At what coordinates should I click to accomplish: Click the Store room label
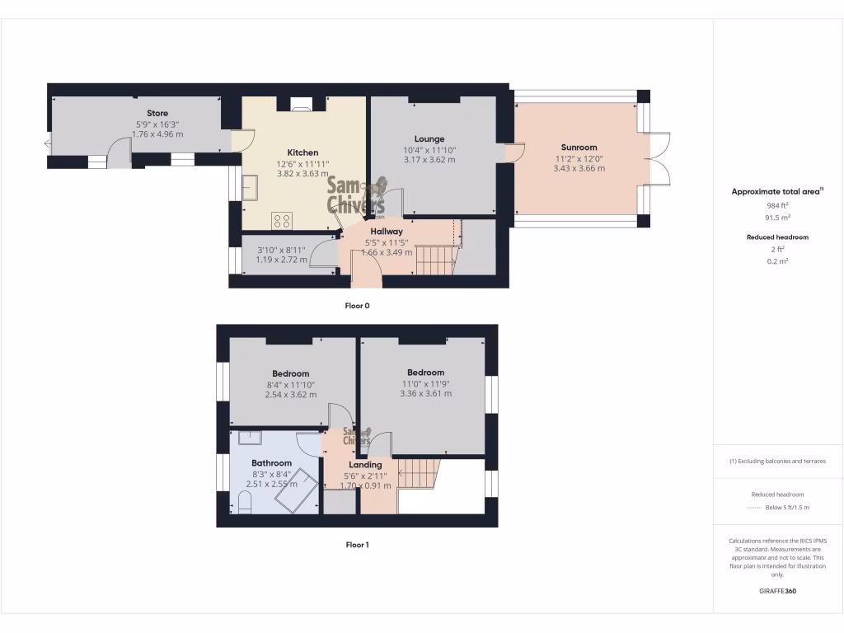157,113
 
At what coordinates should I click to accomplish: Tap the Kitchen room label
302,152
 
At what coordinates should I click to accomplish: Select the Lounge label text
429,138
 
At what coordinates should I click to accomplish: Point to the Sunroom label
575,148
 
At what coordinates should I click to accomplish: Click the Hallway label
387,232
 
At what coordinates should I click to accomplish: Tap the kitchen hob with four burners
282,220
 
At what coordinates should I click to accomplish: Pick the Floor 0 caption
357,305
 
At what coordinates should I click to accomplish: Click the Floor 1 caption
357,544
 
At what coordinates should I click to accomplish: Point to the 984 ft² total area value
777,205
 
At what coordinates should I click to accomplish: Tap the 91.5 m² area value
777,218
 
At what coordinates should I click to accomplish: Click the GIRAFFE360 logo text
777,591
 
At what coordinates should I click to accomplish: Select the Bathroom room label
272,463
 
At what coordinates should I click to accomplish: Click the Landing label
366,465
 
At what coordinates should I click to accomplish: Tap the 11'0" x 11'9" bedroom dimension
425,383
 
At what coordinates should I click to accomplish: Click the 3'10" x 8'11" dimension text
281,250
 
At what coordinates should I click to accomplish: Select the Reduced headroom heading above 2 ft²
777,237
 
